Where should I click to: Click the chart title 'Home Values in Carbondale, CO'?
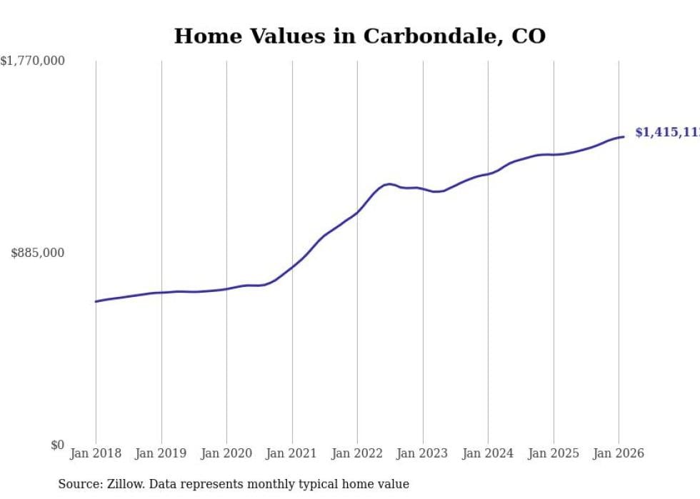(359, 36)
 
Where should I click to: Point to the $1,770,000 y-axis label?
(33, 61)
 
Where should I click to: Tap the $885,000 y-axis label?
(38, 253)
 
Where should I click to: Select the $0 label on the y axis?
(57, 445)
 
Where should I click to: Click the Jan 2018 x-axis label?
(96, 453)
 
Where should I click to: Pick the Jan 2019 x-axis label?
(161, 453)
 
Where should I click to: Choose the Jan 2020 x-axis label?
(226, 453)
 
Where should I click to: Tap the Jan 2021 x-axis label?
(292, 453)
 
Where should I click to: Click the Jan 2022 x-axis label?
(357, 453)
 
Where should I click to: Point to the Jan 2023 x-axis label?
(423, 453)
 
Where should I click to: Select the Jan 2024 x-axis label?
(488, 453)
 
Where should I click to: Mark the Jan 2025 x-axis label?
(554, 453)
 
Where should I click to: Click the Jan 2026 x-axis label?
(619, 453)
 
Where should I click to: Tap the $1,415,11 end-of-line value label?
(666, 133)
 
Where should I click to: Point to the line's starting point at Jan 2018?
(96, 301)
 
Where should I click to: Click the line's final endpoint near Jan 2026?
(624, 136)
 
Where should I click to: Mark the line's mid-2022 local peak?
(389, 183)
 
